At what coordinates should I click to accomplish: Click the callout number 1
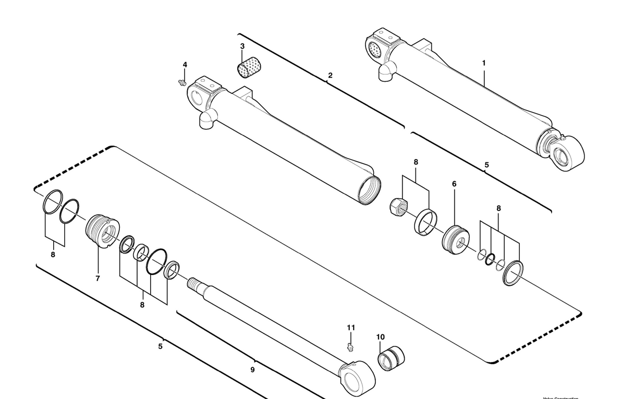483,63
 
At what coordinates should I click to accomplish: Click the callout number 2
330,76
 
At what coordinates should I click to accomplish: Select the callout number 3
242,46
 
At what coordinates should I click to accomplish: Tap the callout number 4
185,65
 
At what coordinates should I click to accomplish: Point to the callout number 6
454,184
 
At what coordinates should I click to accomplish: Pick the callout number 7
98,279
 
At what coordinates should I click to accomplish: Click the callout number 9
252,370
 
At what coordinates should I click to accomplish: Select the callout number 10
381,337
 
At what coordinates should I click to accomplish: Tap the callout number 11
351,328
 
